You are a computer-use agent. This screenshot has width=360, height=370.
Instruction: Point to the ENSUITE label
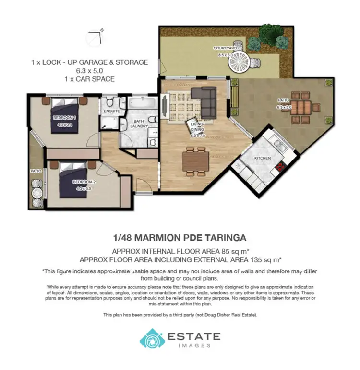pyautogui.click(x=111, y=111)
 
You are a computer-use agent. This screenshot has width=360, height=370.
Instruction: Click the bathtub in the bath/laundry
pyautogui.click(x=141, y=103)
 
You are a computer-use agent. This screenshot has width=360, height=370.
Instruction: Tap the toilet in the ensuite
pyautogui.click(x=110, y=101)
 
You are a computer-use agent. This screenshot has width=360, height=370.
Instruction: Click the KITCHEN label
pyautogui.click(x=263, y=158)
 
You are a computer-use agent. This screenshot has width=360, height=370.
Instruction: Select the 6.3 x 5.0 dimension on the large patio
pyautogui.click(x=284, y=107)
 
